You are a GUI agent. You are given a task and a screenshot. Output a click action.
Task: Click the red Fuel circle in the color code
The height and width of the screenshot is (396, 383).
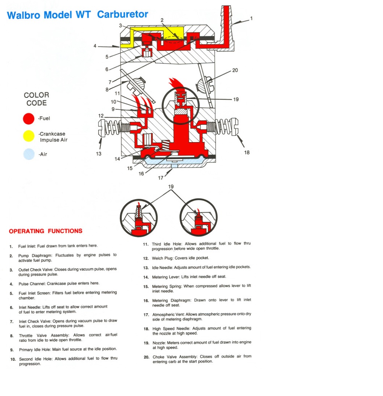coord(29,118)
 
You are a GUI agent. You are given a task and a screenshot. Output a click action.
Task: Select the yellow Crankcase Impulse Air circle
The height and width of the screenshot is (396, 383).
coord(29,136)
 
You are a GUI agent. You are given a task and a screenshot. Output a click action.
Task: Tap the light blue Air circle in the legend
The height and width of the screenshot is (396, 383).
coord(29,154)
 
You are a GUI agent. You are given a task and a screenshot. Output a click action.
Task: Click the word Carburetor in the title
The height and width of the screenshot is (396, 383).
coord(123,15)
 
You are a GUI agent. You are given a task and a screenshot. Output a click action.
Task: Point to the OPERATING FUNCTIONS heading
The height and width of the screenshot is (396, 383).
coord(46,231)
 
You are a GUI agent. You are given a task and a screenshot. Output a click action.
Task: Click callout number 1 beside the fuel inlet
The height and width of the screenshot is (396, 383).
coord(251,18)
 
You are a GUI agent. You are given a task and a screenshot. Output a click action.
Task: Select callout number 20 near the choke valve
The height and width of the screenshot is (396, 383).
coord(235,70)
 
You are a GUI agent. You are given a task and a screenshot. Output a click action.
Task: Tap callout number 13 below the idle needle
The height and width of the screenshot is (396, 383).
coord(99,153)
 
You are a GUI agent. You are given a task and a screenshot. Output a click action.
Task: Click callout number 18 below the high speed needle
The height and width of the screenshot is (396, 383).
coord(247,152)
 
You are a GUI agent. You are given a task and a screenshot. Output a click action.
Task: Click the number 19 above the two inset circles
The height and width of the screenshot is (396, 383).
coord(171,186)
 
